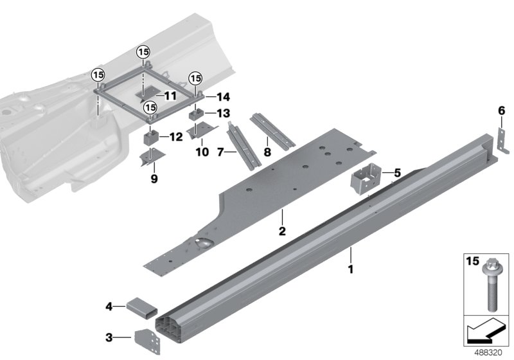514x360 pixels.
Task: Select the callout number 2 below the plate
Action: click(x=281, y=230)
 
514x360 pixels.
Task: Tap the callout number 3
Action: click(x=109, y=336)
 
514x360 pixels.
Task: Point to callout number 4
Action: click(x=109, y=307)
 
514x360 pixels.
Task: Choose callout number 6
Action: click(x=501, y=110)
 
